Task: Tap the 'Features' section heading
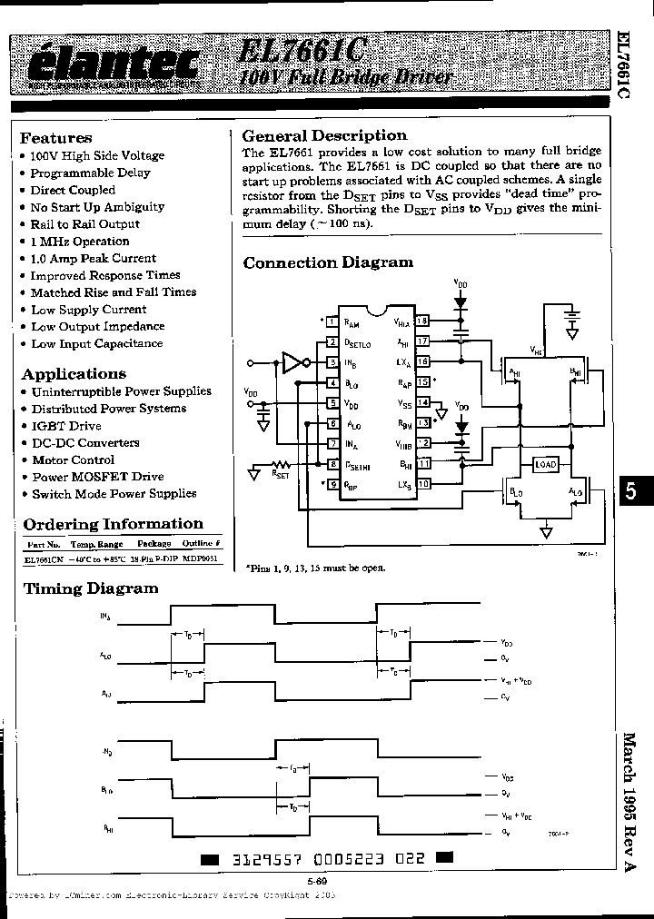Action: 55,138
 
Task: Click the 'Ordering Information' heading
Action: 113,524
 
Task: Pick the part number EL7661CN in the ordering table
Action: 44,561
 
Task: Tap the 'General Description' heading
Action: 324,135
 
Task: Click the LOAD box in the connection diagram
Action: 545,465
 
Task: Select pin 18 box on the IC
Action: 421,321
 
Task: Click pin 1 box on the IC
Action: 333,321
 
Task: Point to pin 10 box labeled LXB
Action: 422,484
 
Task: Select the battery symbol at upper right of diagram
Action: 571,321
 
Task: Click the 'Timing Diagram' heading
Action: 90,588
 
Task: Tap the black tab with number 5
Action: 632,493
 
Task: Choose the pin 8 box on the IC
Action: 333,465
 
